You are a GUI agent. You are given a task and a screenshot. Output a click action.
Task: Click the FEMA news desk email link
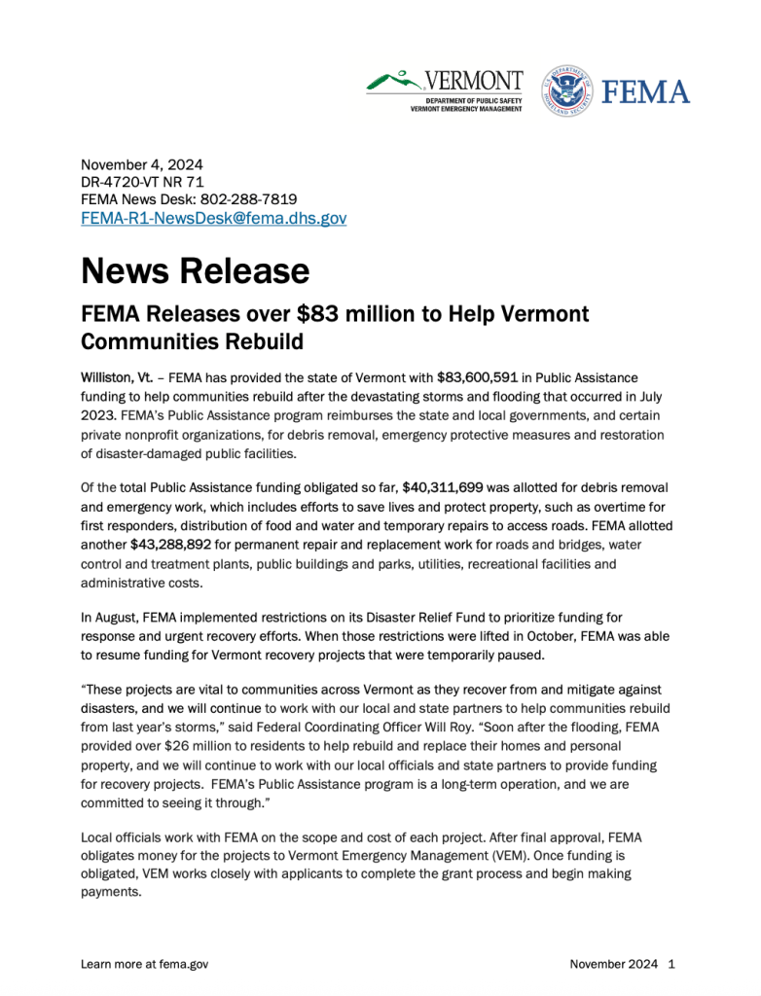[x=213, y=219]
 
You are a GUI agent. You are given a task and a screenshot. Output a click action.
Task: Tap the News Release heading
[x=195, y=269]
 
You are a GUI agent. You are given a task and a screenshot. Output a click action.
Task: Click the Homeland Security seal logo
[x=566, y=91]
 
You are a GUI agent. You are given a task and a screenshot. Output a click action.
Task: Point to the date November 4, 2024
[x=141, y=164]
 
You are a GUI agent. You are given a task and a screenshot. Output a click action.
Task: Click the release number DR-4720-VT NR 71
[x=142, y=182]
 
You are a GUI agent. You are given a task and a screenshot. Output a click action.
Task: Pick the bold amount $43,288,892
[x=170, y=544]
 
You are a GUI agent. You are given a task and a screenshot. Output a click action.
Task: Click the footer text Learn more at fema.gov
[x=144, y=964]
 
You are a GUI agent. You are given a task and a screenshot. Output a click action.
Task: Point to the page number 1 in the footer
[x=671, y=964]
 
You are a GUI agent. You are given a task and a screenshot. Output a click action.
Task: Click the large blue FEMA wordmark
[x=646, y=92]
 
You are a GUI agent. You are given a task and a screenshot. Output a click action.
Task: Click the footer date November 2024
[x=614, y=964]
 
